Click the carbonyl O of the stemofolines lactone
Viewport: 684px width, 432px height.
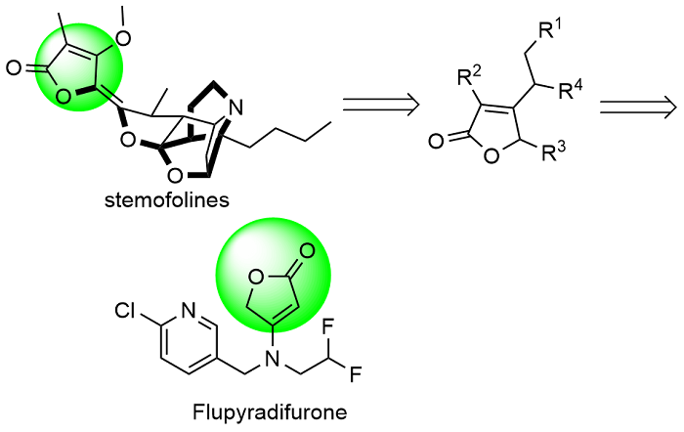pos(13,70)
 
